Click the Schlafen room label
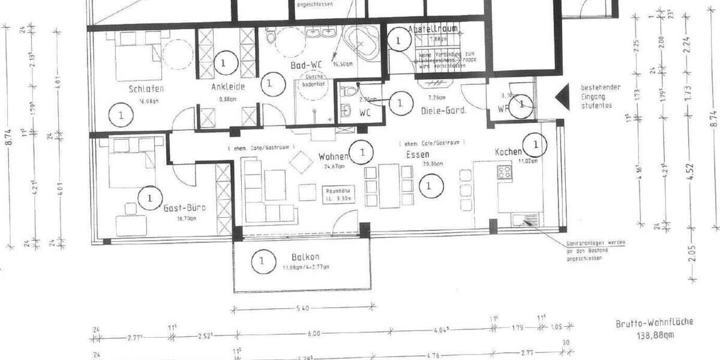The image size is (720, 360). (x=146, y=89)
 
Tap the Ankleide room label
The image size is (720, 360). (x=227, y=86)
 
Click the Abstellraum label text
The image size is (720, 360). (x=433, y=29)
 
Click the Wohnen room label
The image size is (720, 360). (x=334, y=157)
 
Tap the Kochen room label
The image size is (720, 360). (x=508, y=152)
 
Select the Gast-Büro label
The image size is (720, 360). (x=184, y=208)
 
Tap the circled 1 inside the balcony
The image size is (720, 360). (x=261, y=261)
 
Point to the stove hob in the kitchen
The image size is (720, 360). (x=505, y=173)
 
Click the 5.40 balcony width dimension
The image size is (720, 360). (x=303, y=308)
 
